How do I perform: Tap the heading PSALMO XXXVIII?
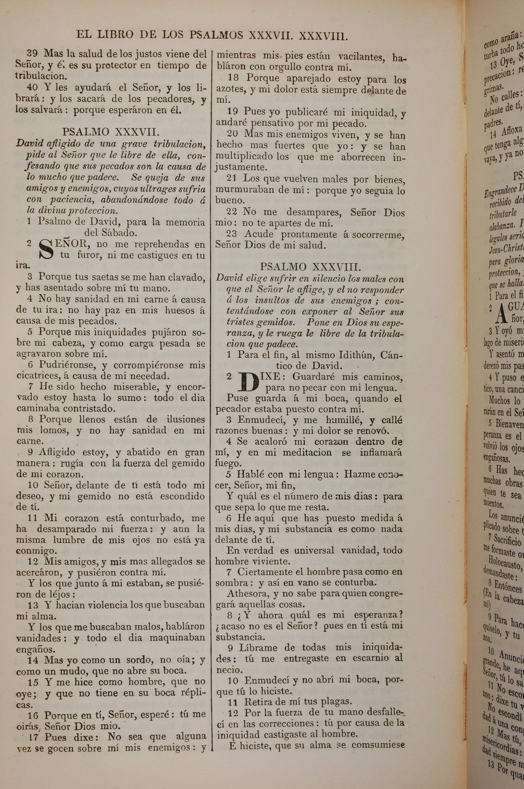(x=310, y=267)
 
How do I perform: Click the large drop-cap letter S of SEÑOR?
(x=46, y=250)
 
